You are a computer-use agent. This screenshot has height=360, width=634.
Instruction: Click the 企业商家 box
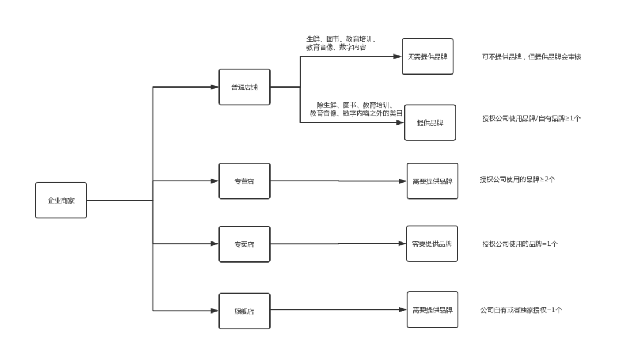(x=61, y=200)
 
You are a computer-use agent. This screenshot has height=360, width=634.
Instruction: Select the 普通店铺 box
(x=245, y=87)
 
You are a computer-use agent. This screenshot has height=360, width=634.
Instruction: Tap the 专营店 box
(x=245, y=181)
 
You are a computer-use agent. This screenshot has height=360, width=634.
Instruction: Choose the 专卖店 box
(x=245, y=244)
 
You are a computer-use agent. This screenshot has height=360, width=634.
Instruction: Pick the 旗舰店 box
(x=245, y=311)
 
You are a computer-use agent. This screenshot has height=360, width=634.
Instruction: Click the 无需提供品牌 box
(x=427, y=56)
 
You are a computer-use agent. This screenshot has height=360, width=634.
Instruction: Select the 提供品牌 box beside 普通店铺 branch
(x=430, y=123)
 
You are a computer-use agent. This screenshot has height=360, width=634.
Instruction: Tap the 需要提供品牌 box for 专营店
(x=433, y=181)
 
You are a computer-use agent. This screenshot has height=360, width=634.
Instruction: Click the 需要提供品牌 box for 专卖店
(x=432, y=244)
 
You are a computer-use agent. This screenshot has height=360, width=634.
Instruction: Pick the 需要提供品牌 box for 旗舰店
(x=433, y=309)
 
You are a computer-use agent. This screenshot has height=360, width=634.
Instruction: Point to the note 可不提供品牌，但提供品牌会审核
(x=531, y=56)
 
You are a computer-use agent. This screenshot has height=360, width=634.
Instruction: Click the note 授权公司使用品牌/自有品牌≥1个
(x=531, y=118)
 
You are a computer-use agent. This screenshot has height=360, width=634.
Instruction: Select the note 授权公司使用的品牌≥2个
(x=518, y=179)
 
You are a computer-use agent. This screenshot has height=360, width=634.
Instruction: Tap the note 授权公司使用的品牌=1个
(x=520, y=244)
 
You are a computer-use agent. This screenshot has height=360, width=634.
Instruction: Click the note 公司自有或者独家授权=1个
(x=521, y=310)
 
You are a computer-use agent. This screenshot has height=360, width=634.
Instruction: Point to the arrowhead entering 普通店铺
(x=215, y=87)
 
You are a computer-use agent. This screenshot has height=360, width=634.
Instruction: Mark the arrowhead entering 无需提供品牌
(x=397, y=56)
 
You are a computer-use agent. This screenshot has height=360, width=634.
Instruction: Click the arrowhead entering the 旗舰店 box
(x=215, y=311)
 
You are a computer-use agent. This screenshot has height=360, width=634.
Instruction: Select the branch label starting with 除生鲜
(x=356, y=109)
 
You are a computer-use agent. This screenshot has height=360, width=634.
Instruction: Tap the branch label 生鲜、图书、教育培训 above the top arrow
(x=342, y=43)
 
